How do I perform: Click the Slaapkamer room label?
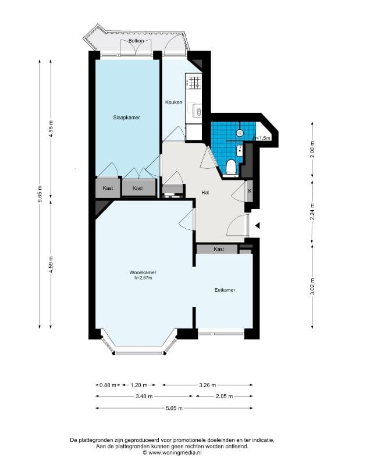point(127,118)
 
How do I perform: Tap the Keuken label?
point(173,102)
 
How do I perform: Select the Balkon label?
point(136,41)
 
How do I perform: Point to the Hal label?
point(205,192)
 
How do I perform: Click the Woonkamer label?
point(143,272)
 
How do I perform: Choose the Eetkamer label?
point(225,290)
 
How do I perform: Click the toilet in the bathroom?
point(230,168)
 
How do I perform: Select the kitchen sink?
point(197,111)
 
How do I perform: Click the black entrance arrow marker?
point(258,226)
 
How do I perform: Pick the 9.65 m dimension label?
point(40,194)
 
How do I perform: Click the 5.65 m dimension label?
point(175,408)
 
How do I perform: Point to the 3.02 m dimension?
point(312,287)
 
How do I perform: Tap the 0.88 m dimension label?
point(108,385)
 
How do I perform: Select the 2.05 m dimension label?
point(225,396)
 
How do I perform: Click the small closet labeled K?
point(250,191)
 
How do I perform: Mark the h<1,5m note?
point(262,138)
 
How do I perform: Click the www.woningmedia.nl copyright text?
point(172,452)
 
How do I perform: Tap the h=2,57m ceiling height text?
point(143,278)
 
